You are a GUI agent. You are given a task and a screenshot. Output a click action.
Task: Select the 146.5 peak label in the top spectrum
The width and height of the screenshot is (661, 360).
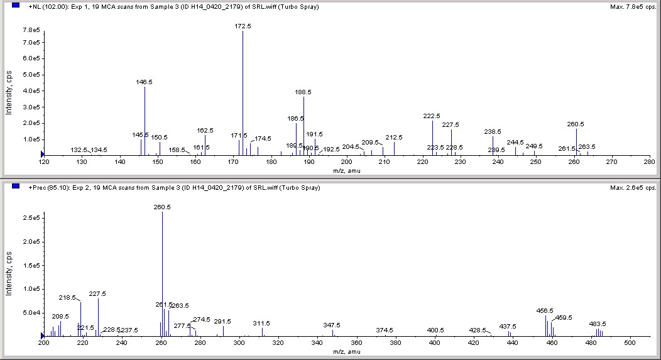tap(145, 82)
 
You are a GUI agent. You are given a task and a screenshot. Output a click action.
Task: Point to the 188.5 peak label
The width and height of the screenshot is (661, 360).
tap(303, 92)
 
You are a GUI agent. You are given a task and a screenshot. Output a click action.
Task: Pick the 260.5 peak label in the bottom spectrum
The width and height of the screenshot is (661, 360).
tap(162, 207)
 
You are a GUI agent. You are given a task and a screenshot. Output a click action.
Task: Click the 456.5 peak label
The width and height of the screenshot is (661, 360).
tap(545, 310)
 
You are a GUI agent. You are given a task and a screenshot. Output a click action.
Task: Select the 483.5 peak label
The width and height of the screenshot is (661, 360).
tap(598, 324)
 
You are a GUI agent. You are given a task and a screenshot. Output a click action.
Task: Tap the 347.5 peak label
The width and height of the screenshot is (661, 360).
tap(332, 325)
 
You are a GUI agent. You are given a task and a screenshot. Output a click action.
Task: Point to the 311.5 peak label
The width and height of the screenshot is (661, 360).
tap(261, 323)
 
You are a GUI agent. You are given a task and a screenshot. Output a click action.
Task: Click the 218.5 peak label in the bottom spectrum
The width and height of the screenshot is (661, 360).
tap(67, 298)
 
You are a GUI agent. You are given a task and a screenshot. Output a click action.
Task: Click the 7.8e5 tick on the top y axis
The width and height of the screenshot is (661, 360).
tap(32, 30)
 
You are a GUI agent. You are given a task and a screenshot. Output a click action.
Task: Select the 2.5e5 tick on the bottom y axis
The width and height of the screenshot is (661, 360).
tap(32, 218)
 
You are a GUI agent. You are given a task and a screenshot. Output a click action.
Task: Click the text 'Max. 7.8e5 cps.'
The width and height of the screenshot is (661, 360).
tap(632, 7)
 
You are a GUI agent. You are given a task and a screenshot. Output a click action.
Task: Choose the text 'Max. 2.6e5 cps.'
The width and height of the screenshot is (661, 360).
tap(632, 187)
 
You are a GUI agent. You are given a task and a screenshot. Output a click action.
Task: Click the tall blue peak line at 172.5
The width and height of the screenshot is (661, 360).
tap(243, 94)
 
